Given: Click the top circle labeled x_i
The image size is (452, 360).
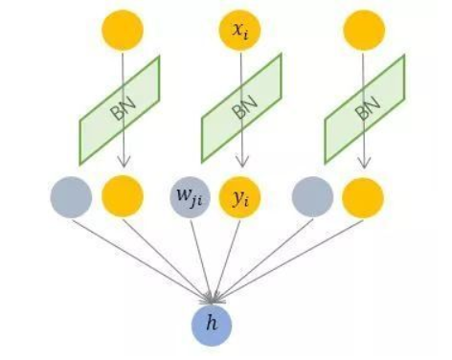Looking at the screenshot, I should (x=240, y=31).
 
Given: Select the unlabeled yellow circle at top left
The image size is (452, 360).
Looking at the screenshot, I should (x=121, y=31).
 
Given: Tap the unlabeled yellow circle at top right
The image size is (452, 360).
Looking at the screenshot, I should (x=363, y=31).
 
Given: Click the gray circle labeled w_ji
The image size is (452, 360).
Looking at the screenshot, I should (x=192, y=197).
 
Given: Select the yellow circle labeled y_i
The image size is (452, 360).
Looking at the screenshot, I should (x=240, y=197).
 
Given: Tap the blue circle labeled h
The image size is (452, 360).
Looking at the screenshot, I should (x=213, y=323).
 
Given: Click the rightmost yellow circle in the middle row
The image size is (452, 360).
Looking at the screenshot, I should (x=363, y=197).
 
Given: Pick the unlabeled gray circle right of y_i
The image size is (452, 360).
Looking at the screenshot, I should (x=313, y=197).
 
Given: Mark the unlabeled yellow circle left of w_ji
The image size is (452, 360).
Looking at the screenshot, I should (x=121, y=197).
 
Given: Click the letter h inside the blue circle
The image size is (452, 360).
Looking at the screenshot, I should (x=213, y=324).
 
